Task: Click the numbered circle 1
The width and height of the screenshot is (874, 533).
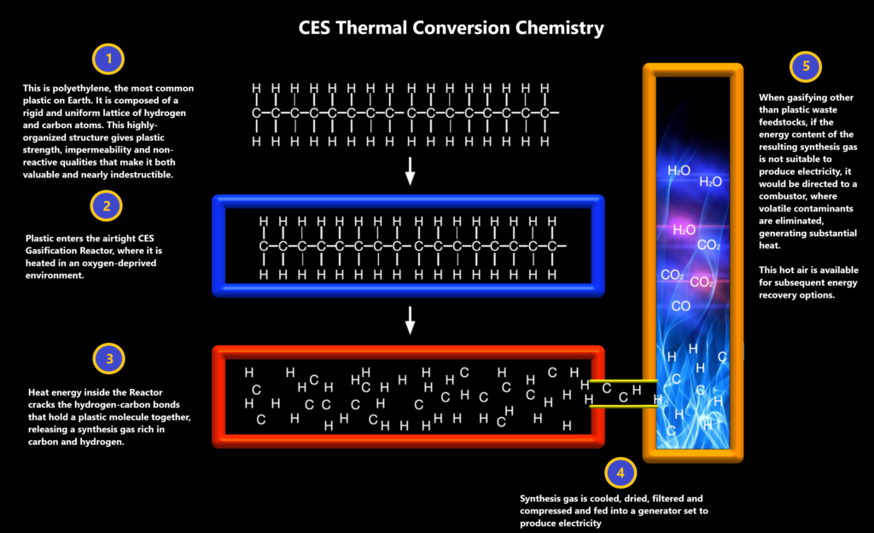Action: click(108, 59)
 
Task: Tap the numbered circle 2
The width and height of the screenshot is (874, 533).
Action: click(107, 206)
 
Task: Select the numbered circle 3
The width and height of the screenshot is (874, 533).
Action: click(108, 359)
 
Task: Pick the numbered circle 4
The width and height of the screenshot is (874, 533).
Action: click(621, 473)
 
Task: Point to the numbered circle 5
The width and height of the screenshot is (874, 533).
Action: click(806, 67)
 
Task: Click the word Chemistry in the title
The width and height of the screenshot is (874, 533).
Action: click(559, 28)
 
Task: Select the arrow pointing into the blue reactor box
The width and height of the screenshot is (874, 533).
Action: click(410, 171)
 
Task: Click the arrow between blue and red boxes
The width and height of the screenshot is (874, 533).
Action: click(410, 321)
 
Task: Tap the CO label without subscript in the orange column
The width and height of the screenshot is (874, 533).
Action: click(680, 306)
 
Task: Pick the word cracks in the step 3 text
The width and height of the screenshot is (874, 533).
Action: click(43, 405)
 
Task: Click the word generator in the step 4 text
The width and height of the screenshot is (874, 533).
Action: click(655, 511)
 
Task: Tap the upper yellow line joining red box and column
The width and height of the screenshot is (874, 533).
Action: click(623, 381)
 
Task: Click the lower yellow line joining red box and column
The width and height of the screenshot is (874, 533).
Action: click(623, 407)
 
